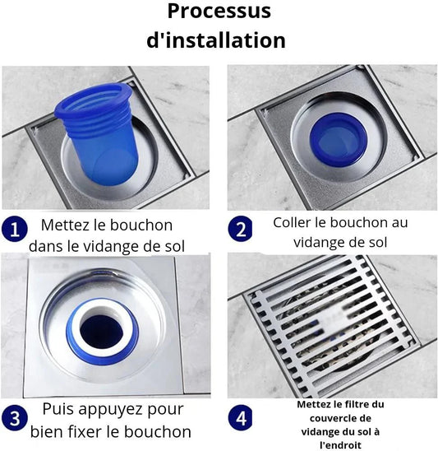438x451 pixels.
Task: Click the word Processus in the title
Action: point(219,12)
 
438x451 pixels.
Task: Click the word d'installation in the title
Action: point(216,40)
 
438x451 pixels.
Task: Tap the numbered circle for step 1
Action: point(14,230)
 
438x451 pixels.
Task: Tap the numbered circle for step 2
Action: point(241,229)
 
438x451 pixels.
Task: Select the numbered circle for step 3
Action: point(14,417)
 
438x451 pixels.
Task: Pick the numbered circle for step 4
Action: point(241,417)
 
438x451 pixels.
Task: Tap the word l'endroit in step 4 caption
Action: point(340,445)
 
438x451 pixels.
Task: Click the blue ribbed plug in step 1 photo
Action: point(98,133)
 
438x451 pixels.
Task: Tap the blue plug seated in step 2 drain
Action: point(339,139)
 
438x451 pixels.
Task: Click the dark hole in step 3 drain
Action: point(102,329)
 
